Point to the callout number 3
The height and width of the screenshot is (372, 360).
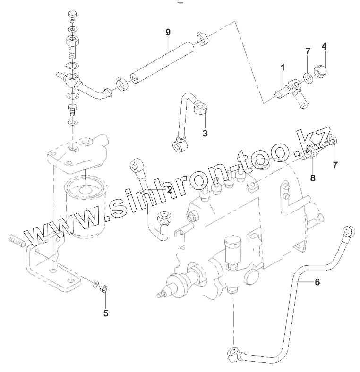pyautogui.click(x=205, y=134)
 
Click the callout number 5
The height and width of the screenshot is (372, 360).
pyautogui.click(x=105, y=313)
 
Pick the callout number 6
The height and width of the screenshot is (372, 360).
pyautogui.click(x=317, y=282)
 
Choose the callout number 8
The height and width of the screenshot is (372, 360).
pyautogui.click(x=312, y=178)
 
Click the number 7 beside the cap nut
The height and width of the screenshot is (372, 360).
pyautogui.click(x=307, y=51)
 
